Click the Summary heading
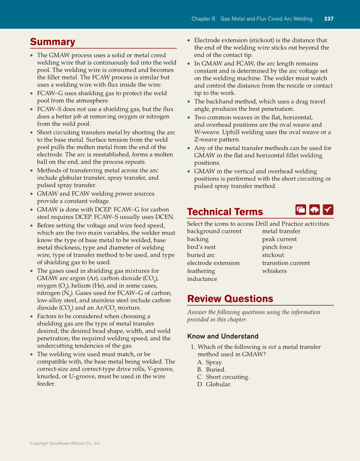[x=52, y=42]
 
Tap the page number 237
[x=329, y=19]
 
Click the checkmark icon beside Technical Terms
[x=328, y=209]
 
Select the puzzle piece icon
[x=314, y=209]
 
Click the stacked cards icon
[x=301, y=209]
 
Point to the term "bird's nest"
[x=201, y=247]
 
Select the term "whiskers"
[x=274, y=271]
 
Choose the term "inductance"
[x=202, y=279]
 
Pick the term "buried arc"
[x=201, y=255]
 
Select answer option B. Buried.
[x=211, y=370]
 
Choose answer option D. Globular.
[x=214, y=385]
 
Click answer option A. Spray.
[x=210, y=362]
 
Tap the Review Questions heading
[x=230, y=299]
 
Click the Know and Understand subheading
[x=222, y=336]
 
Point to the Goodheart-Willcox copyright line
[x=65, y=443]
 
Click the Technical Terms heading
[x=225, y=212]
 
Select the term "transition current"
[x=286, y=263]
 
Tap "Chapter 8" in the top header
[x=203, y=19]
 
